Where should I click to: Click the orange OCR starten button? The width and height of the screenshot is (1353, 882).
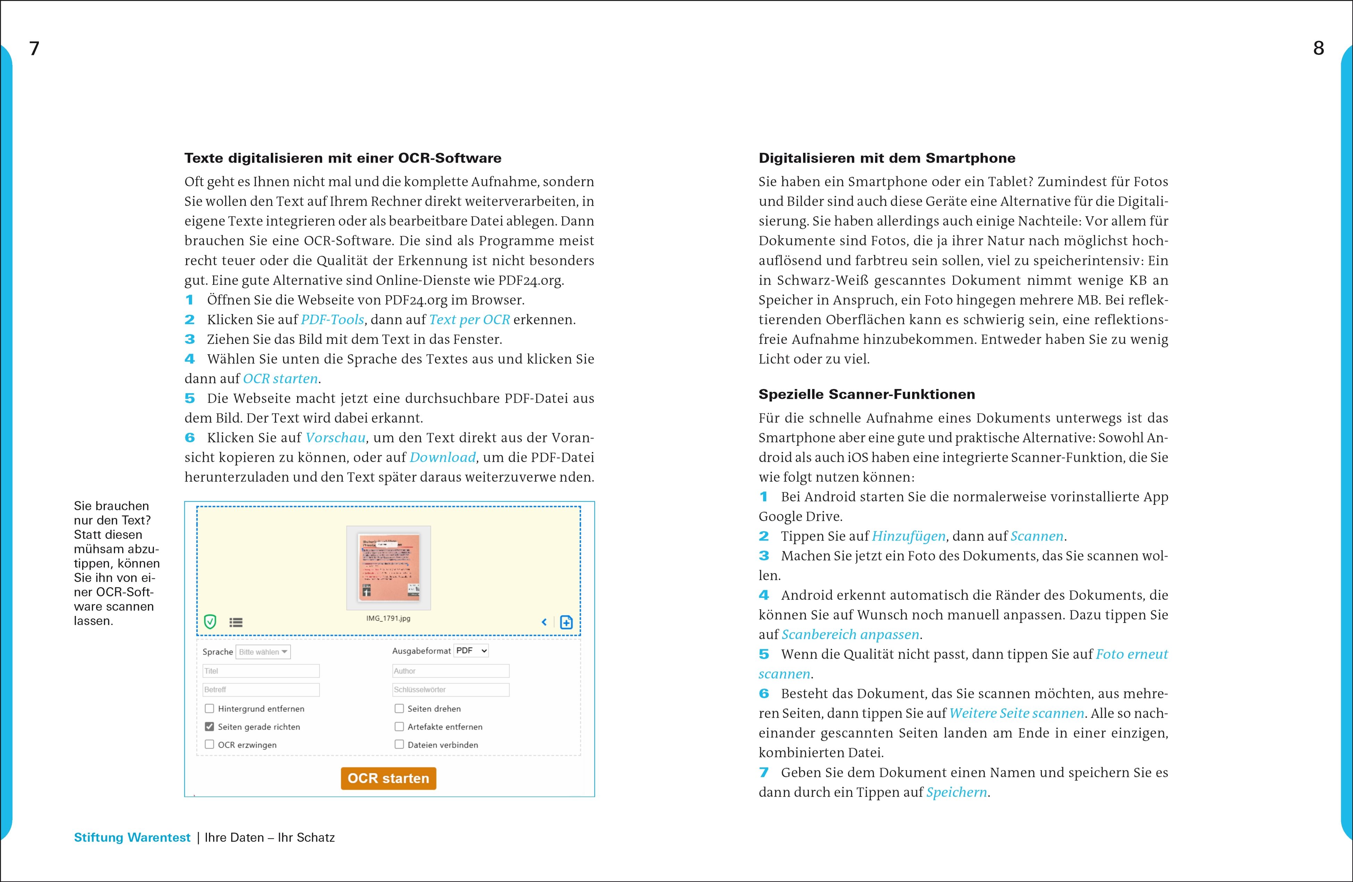click(388, 778)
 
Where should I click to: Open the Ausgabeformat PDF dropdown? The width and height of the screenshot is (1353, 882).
click(471, 651)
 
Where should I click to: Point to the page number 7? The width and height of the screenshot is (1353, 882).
click(34, 48)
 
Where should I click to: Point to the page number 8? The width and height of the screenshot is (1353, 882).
click(1318, 48)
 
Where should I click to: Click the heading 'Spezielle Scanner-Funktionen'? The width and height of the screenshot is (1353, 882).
click(866, 394)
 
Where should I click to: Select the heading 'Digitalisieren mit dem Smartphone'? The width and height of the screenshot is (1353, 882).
click(887, 158)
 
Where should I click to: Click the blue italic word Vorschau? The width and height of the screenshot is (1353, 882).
click(335, 438)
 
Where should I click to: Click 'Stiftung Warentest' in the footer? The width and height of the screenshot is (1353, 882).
click(132, 838)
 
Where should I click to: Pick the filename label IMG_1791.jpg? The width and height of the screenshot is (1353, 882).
click(388, 618)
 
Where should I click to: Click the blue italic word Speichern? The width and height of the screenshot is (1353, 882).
click(956, 792)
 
